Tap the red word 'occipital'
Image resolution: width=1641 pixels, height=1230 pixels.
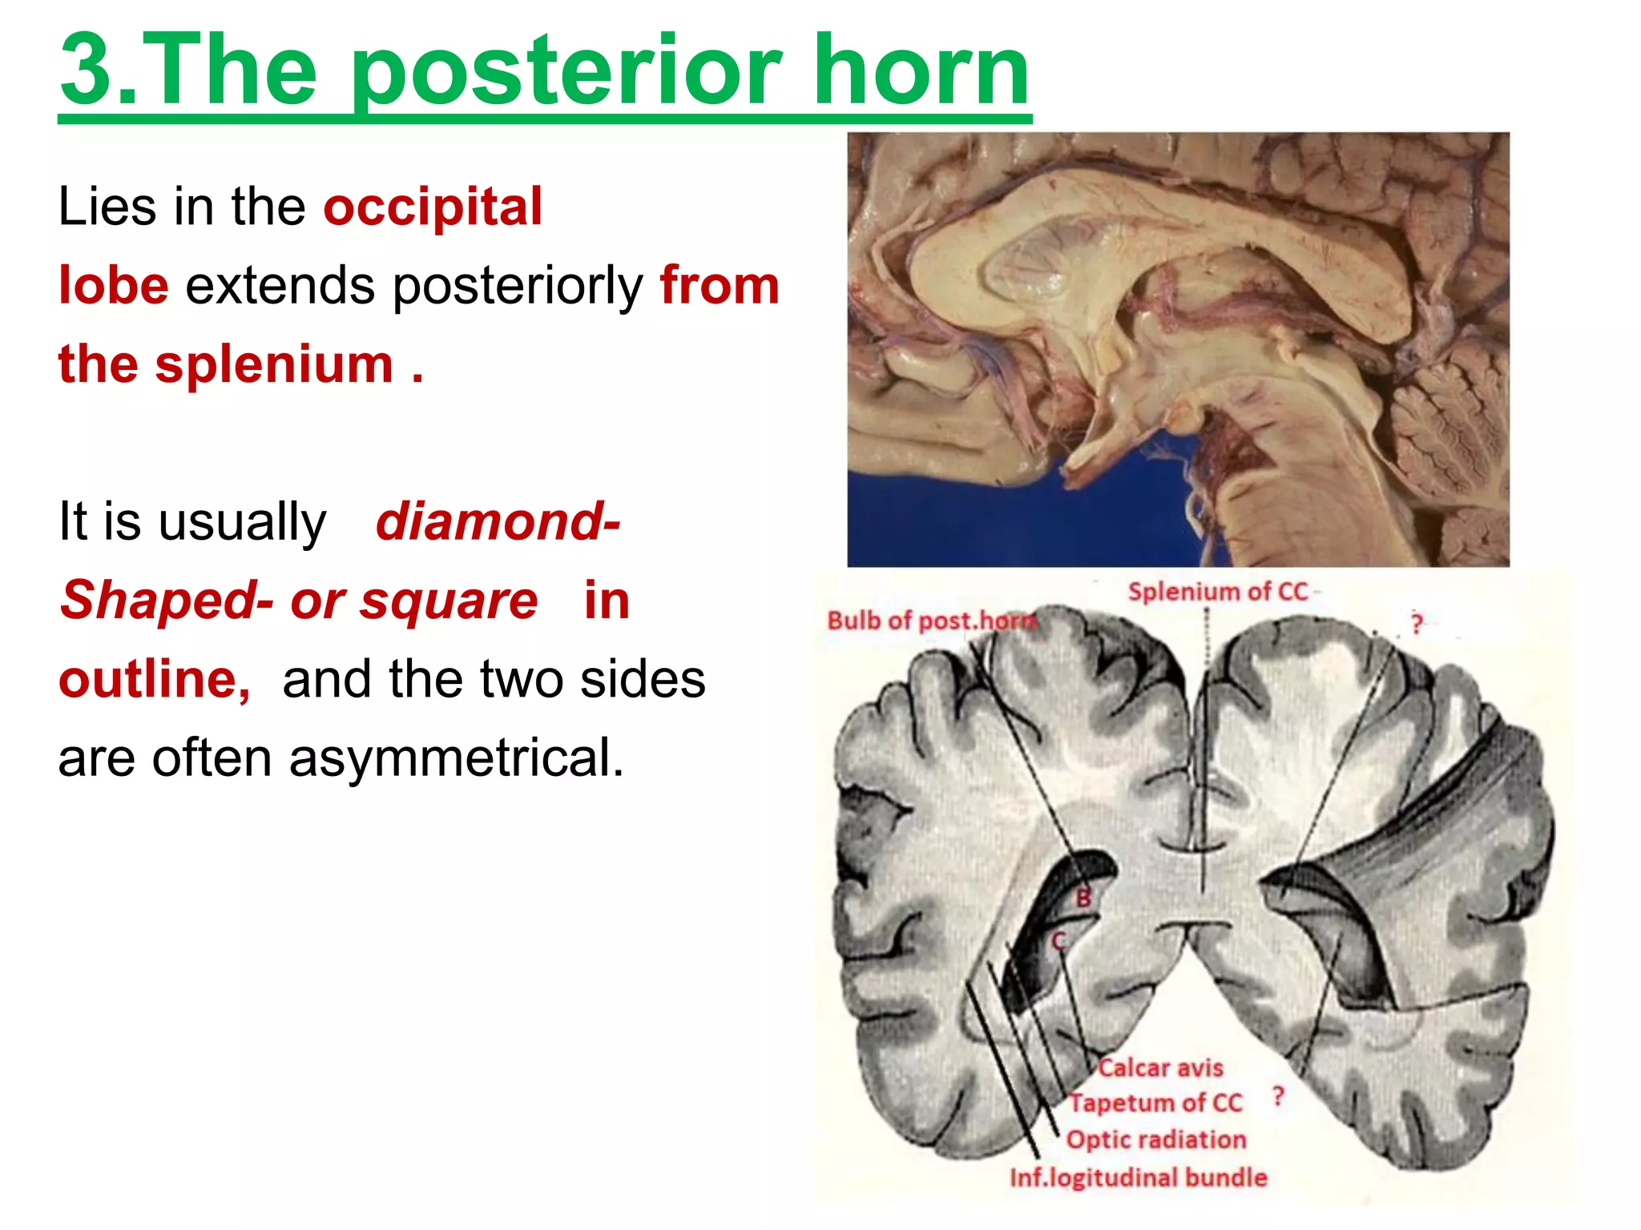(x=433, y=207)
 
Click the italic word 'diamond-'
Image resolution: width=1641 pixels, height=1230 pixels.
(x=498, y=522)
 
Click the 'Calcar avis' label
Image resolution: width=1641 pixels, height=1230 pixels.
(x=1160, y=1067)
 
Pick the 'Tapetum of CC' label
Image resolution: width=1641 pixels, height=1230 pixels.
(x=1156, y=1103)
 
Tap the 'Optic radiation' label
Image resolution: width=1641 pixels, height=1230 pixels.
(x=1156, y=1140)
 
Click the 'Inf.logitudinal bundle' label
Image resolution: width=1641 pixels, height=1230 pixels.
(x=1139, y=1177)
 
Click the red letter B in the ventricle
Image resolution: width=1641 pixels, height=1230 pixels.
(x=1083, y=898)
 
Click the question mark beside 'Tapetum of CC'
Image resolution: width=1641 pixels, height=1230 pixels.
(x=1279, y=1096)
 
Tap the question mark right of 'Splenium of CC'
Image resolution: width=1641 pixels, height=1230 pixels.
(x=1417, y=624)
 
